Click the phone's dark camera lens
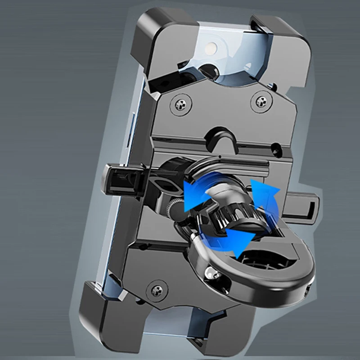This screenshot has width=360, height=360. (208, 70)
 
